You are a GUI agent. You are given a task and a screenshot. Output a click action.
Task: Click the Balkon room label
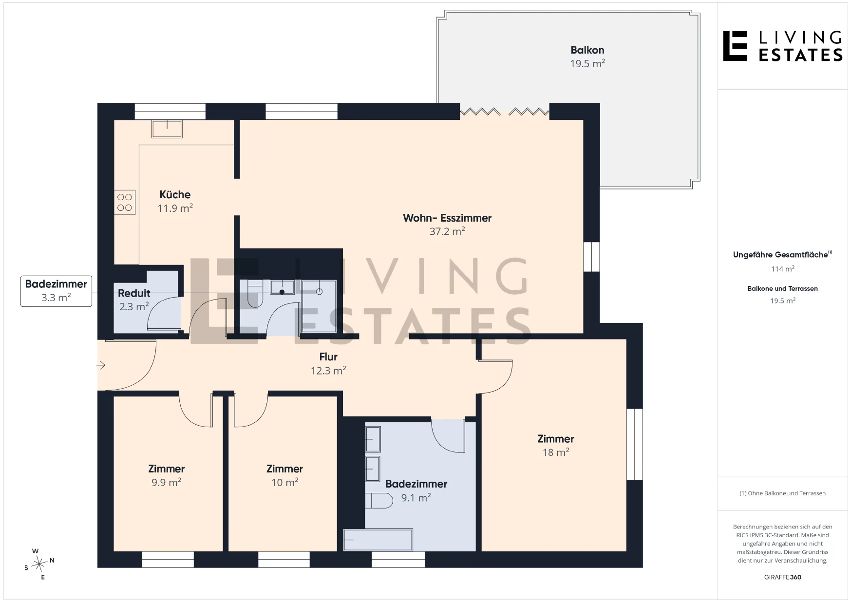587,50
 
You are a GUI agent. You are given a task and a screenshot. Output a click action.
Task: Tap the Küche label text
175,195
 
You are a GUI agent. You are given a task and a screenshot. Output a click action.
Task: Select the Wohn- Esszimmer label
447,218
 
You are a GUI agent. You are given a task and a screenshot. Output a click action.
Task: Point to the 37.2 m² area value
447,231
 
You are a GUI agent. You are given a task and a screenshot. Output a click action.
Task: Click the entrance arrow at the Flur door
101,365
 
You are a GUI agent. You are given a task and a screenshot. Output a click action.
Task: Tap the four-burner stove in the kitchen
125,202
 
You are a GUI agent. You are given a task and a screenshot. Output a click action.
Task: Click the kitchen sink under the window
167,129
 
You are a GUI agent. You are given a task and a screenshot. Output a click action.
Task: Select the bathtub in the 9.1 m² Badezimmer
378,540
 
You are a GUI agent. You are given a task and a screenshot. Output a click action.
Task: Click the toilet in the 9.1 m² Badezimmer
379,501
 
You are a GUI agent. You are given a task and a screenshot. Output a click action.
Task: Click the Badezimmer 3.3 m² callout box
56,291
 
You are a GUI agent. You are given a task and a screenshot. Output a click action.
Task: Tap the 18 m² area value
556,452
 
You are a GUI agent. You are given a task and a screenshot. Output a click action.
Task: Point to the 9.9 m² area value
166,483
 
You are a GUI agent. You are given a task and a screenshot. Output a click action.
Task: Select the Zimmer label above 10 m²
284,469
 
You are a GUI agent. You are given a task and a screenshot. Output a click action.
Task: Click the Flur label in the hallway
328,357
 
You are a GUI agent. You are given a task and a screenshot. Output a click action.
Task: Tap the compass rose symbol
38,564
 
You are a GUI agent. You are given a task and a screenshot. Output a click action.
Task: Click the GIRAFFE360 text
783,577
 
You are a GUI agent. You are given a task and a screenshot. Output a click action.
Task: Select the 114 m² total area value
783,269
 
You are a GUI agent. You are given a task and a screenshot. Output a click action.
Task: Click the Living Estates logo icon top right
735,46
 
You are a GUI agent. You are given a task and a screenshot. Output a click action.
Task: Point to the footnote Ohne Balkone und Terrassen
782,493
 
